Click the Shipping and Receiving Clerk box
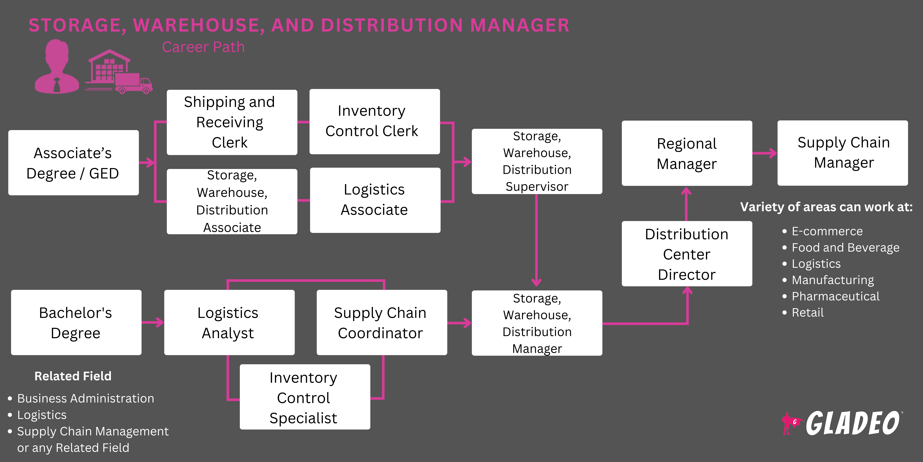coord(232,122)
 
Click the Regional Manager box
coord(687,153)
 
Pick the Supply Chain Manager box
coord(842,153)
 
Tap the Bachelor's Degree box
coord(76,322)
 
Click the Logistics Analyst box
coord(229,322)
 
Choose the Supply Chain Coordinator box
coord(382,322)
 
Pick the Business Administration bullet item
coord(85,399)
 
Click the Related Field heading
coord(73,376)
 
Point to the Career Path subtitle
coord(203,47)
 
